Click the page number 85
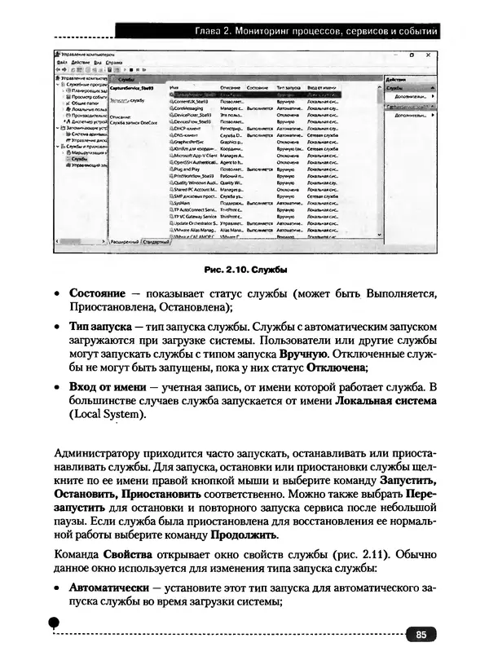point(420,635)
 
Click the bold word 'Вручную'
point(304,355)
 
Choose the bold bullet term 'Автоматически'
point(109,588)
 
